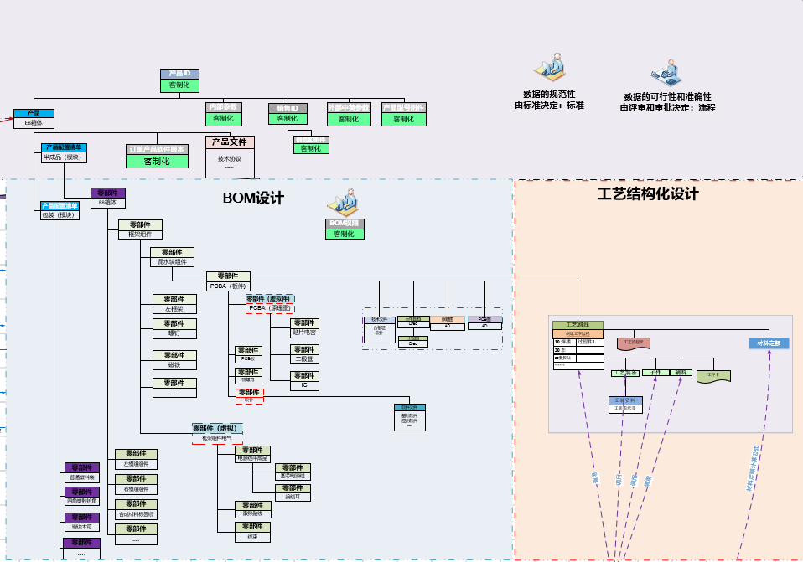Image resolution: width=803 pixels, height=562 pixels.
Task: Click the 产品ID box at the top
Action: tap(179, 80)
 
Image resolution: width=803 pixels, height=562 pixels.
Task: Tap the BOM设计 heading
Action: tap(253, 199)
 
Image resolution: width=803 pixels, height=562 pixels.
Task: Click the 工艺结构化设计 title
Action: tap(648, 193)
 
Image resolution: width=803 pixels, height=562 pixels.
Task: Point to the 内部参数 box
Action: tap(224, 113)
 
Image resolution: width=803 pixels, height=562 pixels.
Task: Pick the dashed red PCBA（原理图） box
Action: tap(269, 303)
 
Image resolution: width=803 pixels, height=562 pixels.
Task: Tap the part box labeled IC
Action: tap(304, 380)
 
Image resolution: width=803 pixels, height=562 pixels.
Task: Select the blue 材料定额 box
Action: tap(764, 343)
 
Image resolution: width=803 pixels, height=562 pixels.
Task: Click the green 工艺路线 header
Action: tap(578, 324)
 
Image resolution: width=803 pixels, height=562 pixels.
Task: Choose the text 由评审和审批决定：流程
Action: tap(667, 107)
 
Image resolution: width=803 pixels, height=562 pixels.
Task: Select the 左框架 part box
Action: tap(174, 303)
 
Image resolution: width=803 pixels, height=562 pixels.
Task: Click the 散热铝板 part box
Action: tap(253, 509)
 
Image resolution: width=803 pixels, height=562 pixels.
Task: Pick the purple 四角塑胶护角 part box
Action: tap(82, 496)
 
